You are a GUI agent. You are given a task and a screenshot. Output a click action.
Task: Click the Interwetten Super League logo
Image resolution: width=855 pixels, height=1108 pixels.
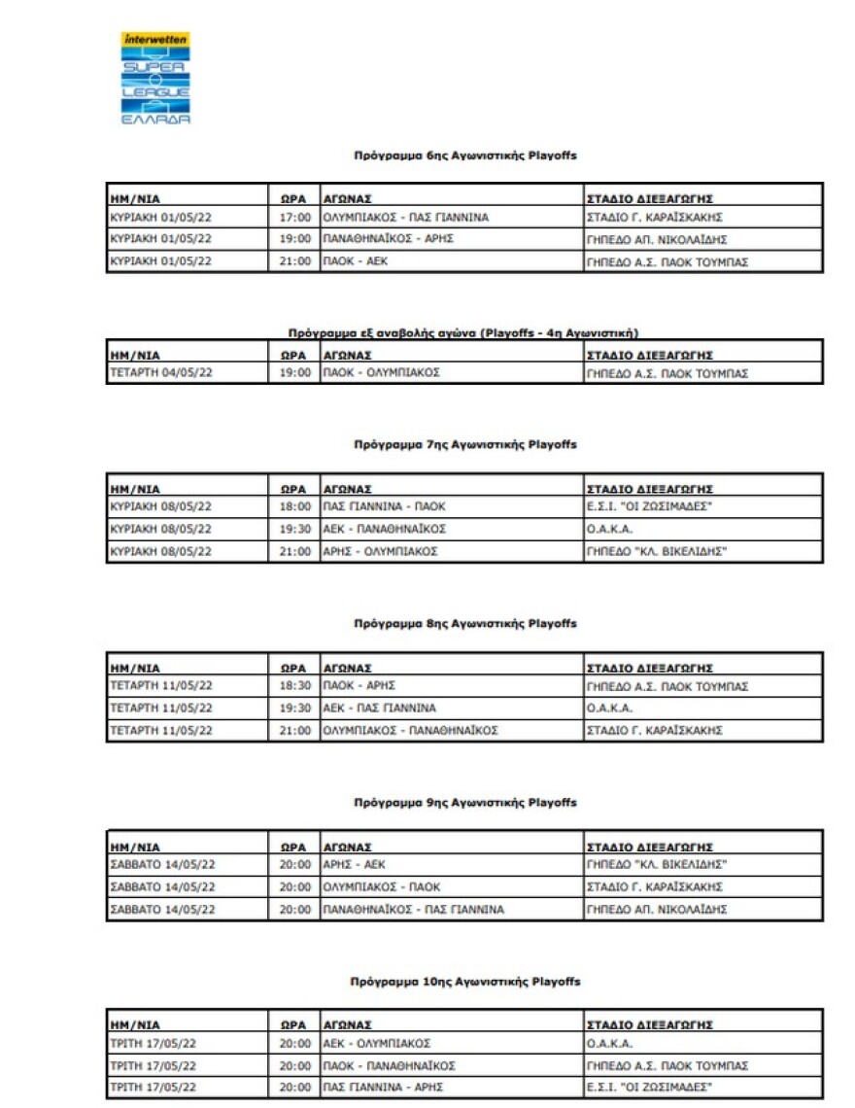[155, 79]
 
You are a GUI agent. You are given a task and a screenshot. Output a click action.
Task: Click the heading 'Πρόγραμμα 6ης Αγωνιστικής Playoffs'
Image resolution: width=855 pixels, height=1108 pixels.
[465, 155]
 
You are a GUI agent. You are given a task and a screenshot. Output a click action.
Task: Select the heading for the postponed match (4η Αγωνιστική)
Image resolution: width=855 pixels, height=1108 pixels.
[463, 332]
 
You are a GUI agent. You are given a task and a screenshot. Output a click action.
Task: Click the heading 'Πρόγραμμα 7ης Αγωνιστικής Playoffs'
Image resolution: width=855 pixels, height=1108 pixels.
[465, 444]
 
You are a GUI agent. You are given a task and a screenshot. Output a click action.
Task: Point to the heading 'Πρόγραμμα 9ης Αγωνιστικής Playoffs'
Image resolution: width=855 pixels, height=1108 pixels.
[465, 803]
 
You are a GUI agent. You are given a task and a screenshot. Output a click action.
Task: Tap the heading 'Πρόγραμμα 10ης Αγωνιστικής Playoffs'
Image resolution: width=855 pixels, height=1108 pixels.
[465, 982]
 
